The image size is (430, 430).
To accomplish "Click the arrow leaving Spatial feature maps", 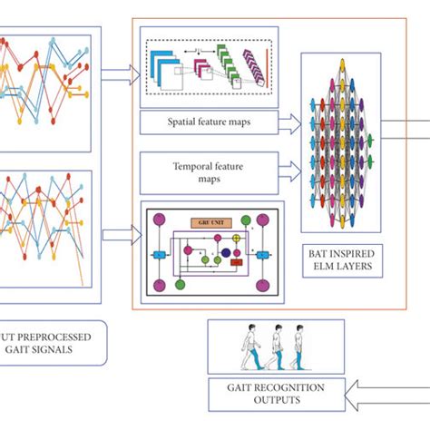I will [x=288, y=120].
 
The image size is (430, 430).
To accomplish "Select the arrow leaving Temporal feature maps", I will [x=288, y=170].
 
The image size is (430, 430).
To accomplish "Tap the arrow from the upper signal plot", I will [x=116, y=78].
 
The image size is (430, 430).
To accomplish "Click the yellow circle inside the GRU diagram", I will [x=238, y=240].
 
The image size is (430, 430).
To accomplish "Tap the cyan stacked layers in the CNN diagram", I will [x=165, y=66].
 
